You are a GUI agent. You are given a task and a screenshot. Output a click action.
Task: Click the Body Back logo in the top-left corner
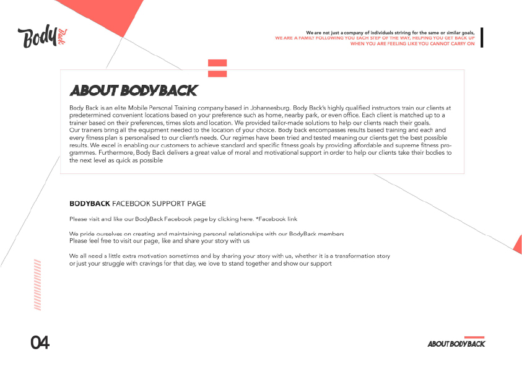click(42, 37)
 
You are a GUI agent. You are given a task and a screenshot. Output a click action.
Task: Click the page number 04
click(40, 342)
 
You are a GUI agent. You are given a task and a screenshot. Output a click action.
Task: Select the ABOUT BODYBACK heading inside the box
click(133, 91)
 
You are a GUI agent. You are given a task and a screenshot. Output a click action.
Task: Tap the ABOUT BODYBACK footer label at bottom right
click(456, 344)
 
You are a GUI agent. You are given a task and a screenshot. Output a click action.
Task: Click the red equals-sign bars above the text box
click(217, 68)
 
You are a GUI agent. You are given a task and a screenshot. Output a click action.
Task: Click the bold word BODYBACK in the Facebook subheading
click(90, 203)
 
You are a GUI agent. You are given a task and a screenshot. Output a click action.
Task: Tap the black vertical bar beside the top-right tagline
click(482, 37)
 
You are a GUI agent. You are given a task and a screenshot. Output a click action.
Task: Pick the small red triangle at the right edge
click(518, 244)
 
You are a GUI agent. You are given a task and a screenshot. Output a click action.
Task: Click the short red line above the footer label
click(474, 337)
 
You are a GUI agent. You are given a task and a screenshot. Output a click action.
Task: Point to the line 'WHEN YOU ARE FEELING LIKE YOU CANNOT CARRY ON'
click(412, 44)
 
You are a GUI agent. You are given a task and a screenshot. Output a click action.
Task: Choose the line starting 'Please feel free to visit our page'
click(159, 241)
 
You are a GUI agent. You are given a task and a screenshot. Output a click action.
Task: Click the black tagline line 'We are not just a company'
click(390, 33)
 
